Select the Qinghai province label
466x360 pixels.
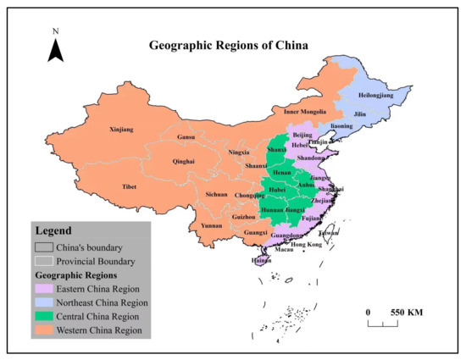pyautogui.click(x=183, y=161)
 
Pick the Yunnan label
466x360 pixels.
pyautogui.click(x=211, y=228)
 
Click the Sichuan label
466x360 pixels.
pyautogui.click(x=217, y=194)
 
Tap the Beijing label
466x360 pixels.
pyautogui.click(x=302, y=135)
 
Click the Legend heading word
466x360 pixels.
pyautogui.click(x=53, y=230)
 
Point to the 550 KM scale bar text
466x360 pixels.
pyautogui.click(x=406, y=312)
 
